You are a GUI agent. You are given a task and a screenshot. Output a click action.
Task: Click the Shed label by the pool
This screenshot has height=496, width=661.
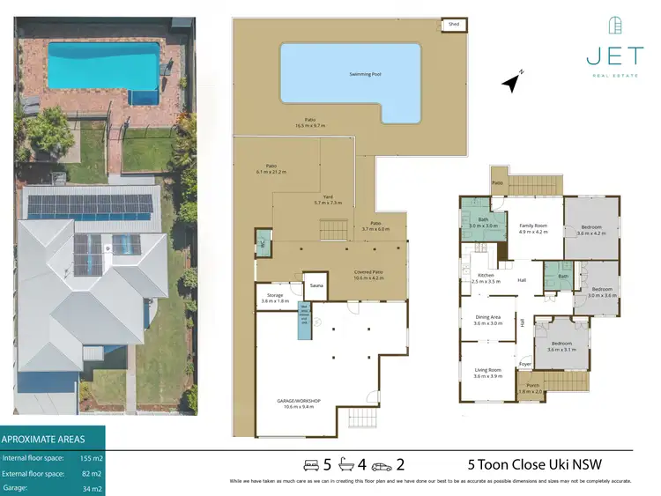pos(454,26)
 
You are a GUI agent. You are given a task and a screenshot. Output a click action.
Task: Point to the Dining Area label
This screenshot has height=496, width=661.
pos(488,320)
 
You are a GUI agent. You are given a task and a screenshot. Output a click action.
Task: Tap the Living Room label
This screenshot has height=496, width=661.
pos(488,374)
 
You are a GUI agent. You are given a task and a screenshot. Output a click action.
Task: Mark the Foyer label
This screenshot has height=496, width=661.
pos(525,363)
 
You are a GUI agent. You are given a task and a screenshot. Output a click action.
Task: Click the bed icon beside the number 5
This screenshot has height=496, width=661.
pos(311,464)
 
